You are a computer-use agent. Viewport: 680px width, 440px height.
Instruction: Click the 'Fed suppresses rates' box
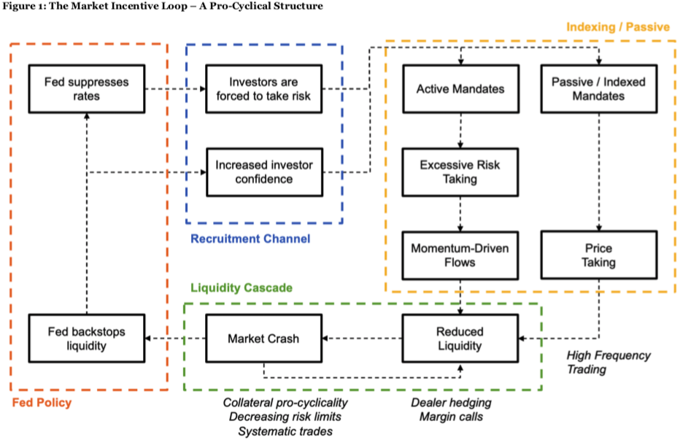coord(87,89)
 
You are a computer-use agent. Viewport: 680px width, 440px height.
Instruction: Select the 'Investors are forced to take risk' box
coord(263,89)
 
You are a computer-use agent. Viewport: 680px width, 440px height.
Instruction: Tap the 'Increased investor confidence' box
coord(265,172)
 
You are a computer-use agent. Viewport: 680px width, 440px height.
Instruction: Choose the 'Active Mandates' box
coord(460,89)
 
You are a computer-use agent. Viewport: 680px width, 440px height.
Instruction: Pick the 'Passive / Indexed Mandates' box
coord(599,89)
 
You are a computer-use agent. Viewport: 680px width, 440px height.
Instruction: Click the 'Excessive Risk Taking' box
coord(460,172)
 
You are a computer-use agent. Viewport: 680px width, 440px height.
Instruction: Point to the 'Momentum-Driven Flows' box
coord(460,255)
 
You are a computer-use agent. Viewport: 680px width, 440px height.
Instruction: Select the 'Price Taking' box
coord(599,255)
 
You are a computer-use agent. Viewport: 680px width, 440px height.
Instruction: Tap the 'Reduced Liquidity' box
coord(460,339)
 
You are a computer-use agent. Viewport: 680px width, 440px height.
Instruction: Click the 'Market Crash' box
coord(263,339)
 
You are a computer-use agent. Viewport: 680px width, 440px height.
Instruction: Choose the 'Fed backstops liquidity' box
coord(87,339)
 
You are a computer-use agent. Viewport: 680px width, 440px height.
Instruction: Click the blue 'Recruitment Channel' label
coord(251,239)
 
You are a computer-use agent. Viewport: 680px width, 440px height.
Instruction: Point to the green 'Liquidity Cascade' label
coord(242,287)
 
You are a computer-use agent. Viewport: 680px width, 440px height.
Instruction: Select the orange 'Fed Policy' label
coord(42,403)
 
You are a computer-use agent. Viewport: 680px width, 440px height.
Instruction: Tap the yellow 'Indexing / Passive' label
coord(618,27)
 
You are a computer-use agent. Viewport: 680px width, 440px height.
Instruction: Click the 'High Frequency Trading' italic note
coord(608,363)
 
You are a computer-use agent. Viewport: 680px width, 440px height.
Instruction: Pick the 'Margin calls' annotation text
coord(451,417)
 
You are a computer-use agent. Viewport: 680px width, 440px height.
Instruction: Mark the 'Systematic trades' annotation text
coord(285,431)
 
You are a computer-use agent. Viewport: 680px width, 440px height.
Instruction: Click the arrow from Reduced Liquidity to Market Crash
coord(362,339)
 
